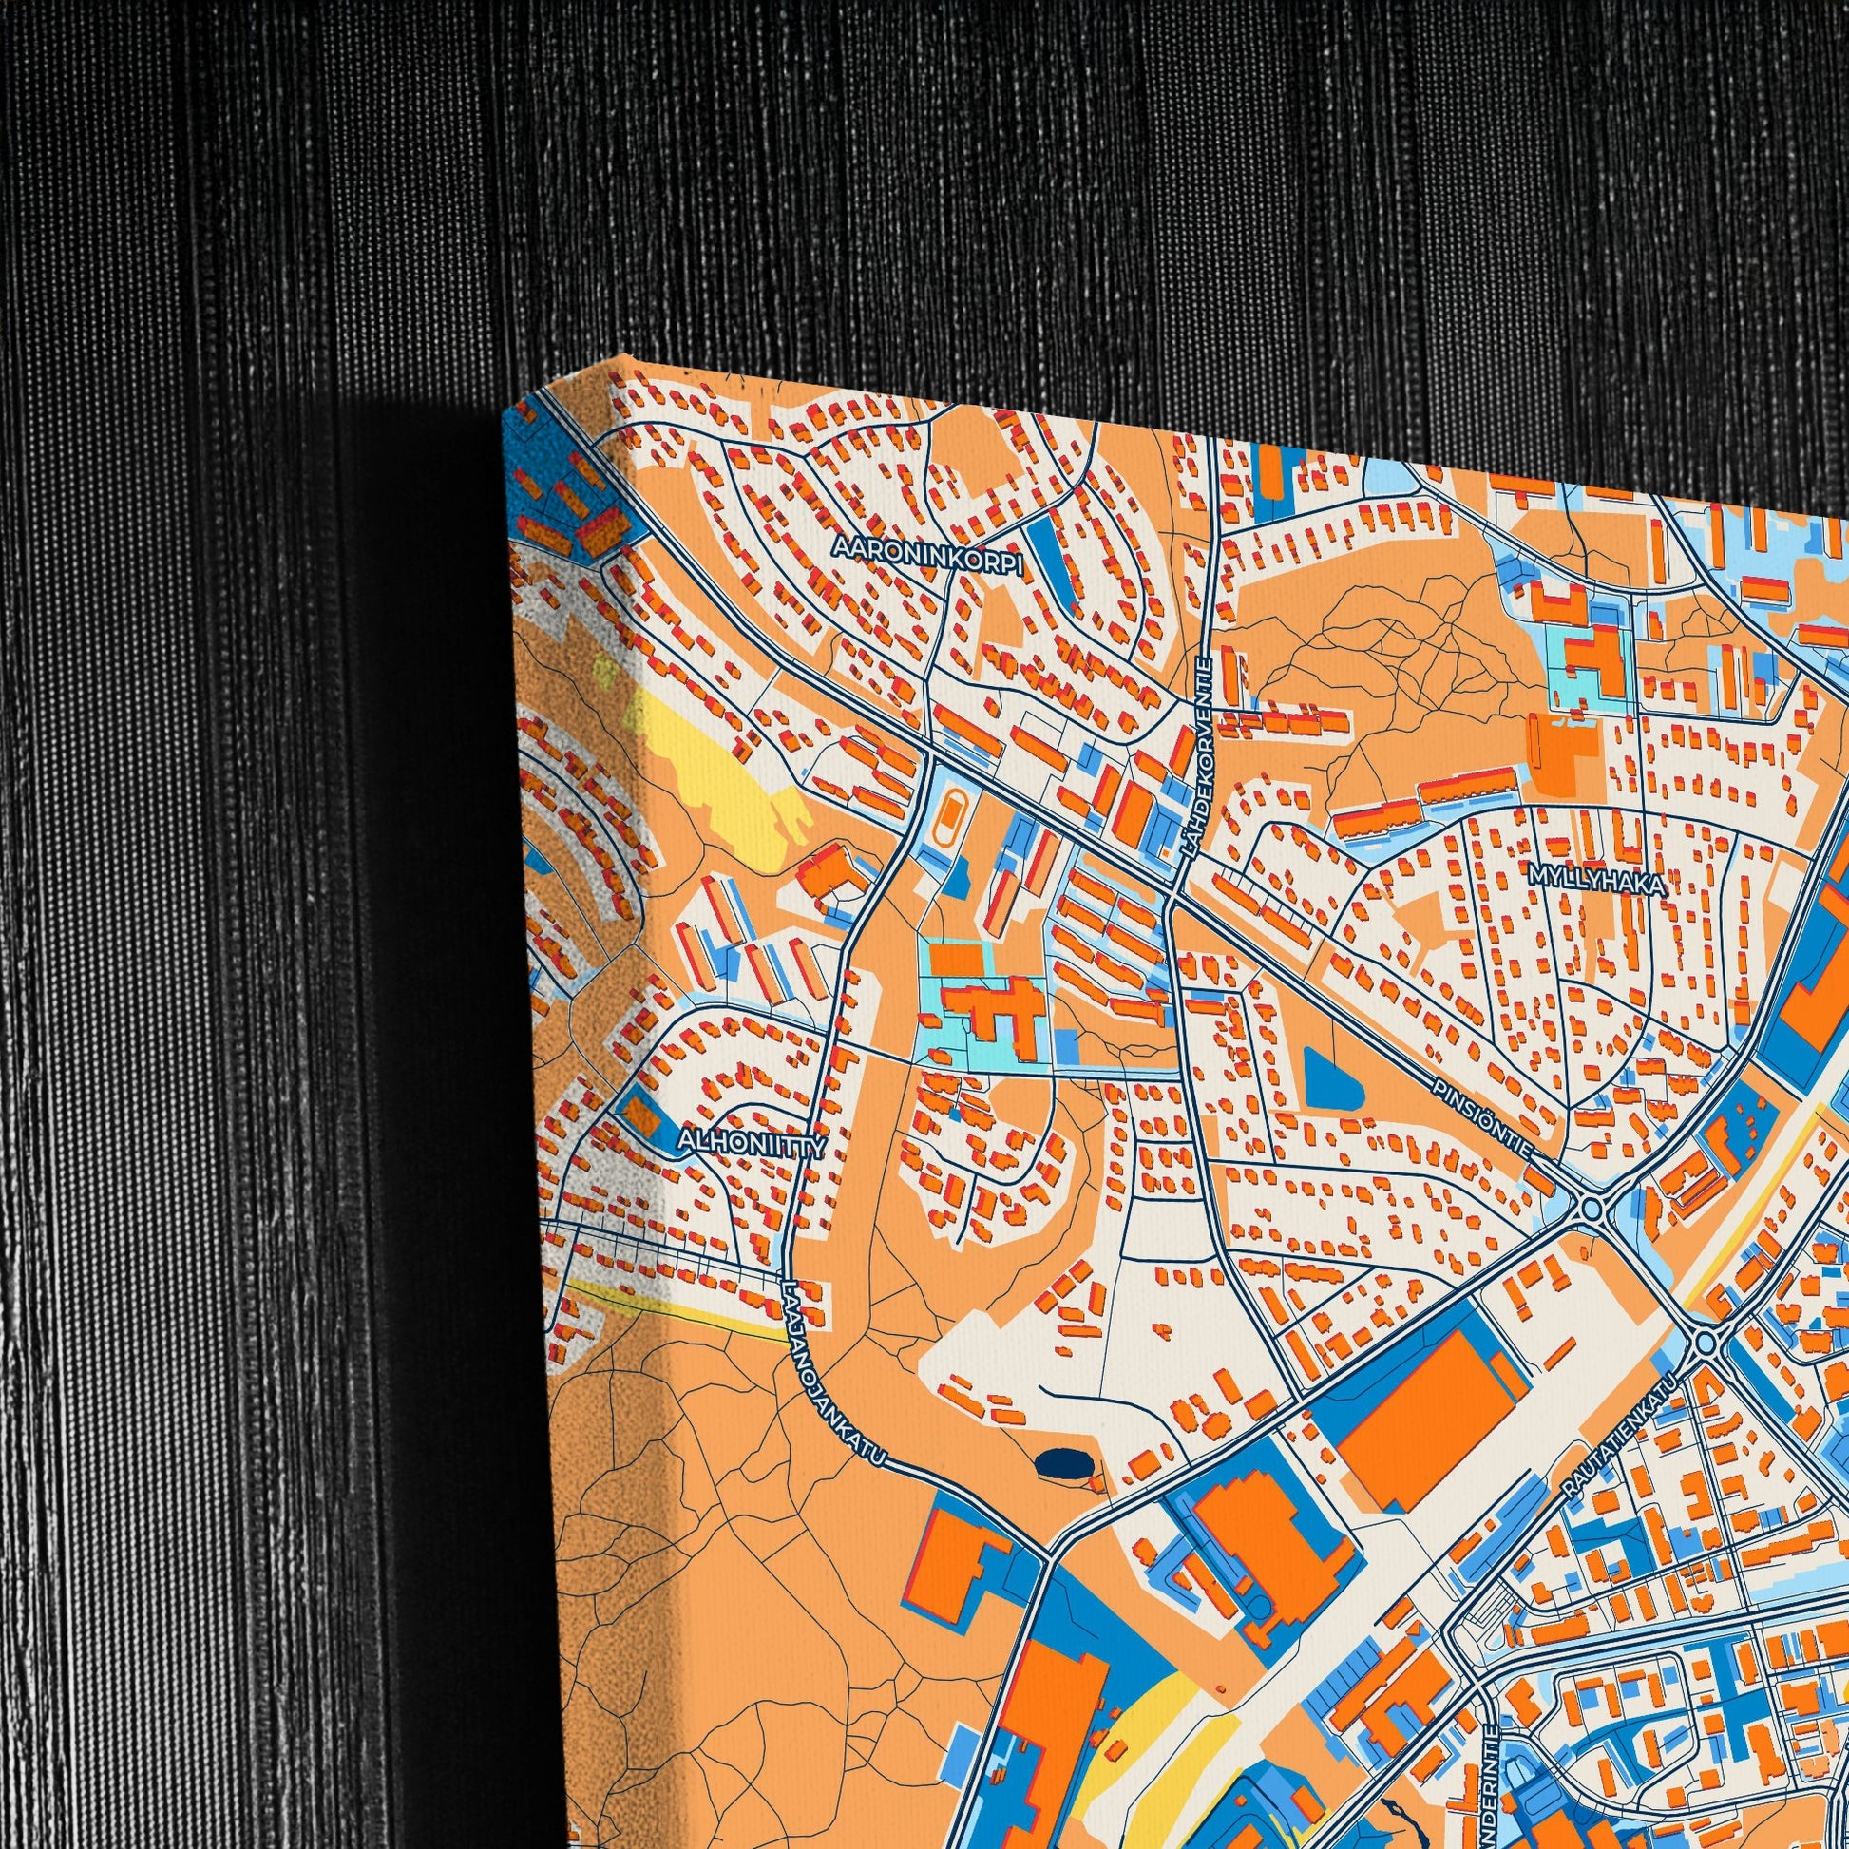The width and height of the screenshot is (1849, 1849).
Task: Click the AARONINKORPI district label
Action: [x=927, y=554]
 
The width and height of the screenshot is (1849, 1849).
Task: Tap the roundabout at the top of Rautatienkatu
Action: [x=1705, y=1344]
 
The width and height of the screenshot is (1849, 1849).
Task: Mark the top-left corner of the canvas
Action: [x=505, y=413]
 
